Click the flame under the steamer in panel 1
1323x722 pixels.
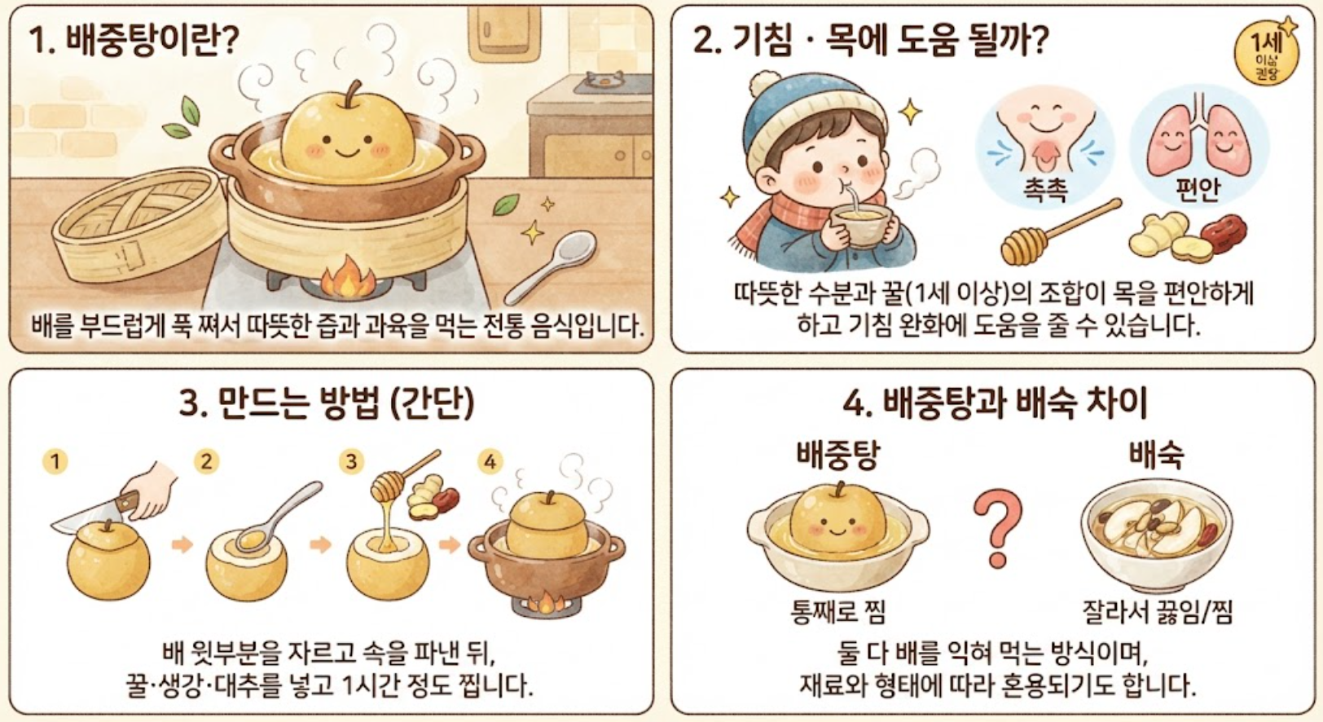(347, 276)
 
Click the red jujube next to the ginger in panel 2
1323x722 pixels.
(1223, 232)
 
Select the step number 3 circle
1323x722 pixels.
(351, 461)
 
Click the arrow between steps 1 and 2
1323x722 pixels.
(182, 544)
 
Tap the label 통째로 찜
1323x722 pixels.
(838, 612)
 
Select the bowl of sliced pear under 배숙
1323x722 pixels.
(1157, 535)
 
